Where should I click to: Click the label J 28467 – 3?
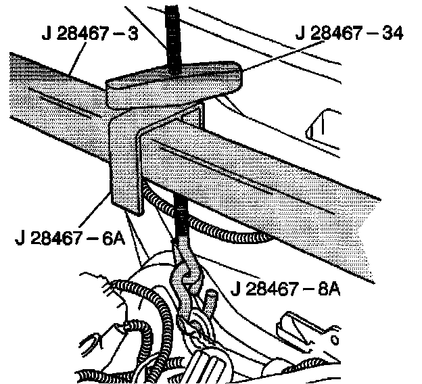89,34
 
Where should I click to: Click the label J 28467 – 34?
348,34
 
